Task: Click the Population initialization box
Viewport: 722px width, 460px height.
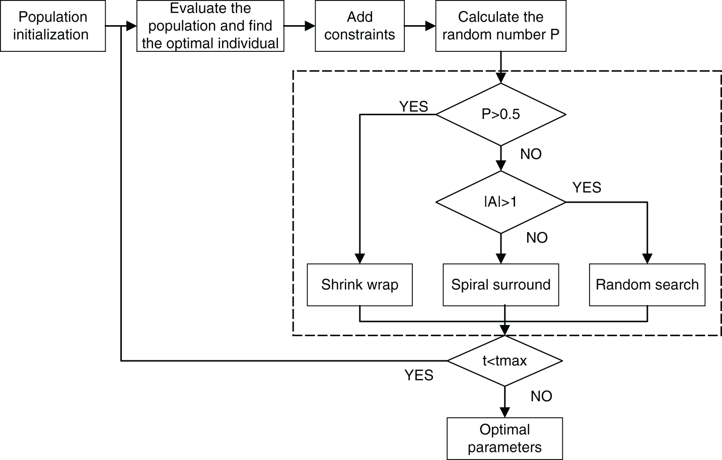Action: point(52,26)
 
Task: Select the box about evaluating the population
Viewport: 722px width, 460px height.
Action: point(210,26)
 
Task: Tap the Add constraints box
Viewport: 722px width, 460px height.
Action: point(359,26)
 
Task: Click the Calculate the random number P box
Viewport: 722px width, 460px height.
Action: point(500,26)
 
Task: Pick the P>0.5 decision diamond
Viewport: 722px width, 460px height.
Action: point(500,114)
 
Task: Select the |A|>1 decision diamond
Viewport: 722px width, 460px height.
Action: point(500,202)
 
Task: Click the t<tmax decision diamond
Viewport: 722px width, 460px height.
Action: point(504,360)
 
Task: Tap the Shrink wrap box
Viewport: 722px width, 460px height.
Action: point(359,284)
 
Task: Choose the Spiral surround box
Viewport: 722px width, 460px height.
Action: point(500,284)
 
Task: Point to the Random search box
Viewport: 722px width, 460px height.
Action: point(647,284)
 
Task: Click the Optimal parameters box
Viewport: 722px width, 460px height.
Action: point(504,438)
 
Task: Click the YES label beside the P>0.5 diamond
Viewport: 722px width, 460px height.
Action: point(413,106)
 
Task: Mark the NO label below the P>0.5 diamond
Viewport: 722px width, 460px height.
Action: point(531,154)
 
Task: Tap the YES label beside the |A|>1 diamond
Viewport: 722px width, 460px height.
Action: point(587,187)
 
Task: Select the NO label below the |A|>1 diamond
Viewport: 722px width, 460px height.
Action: point(537,238)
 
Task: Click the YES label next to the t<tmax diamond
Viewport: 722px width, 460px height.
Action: point(419,375)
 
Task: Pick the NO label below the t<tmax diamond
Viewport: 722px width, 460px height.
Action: point(541,396)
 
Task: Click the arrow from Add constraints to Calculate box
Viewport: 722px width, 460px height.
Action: point(420,26)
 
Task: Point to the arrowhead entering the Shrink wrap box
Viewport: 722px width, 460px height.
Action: point(359,258)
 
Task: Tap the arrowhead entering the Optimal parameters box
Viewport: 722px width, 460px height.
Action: point(504,412)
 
